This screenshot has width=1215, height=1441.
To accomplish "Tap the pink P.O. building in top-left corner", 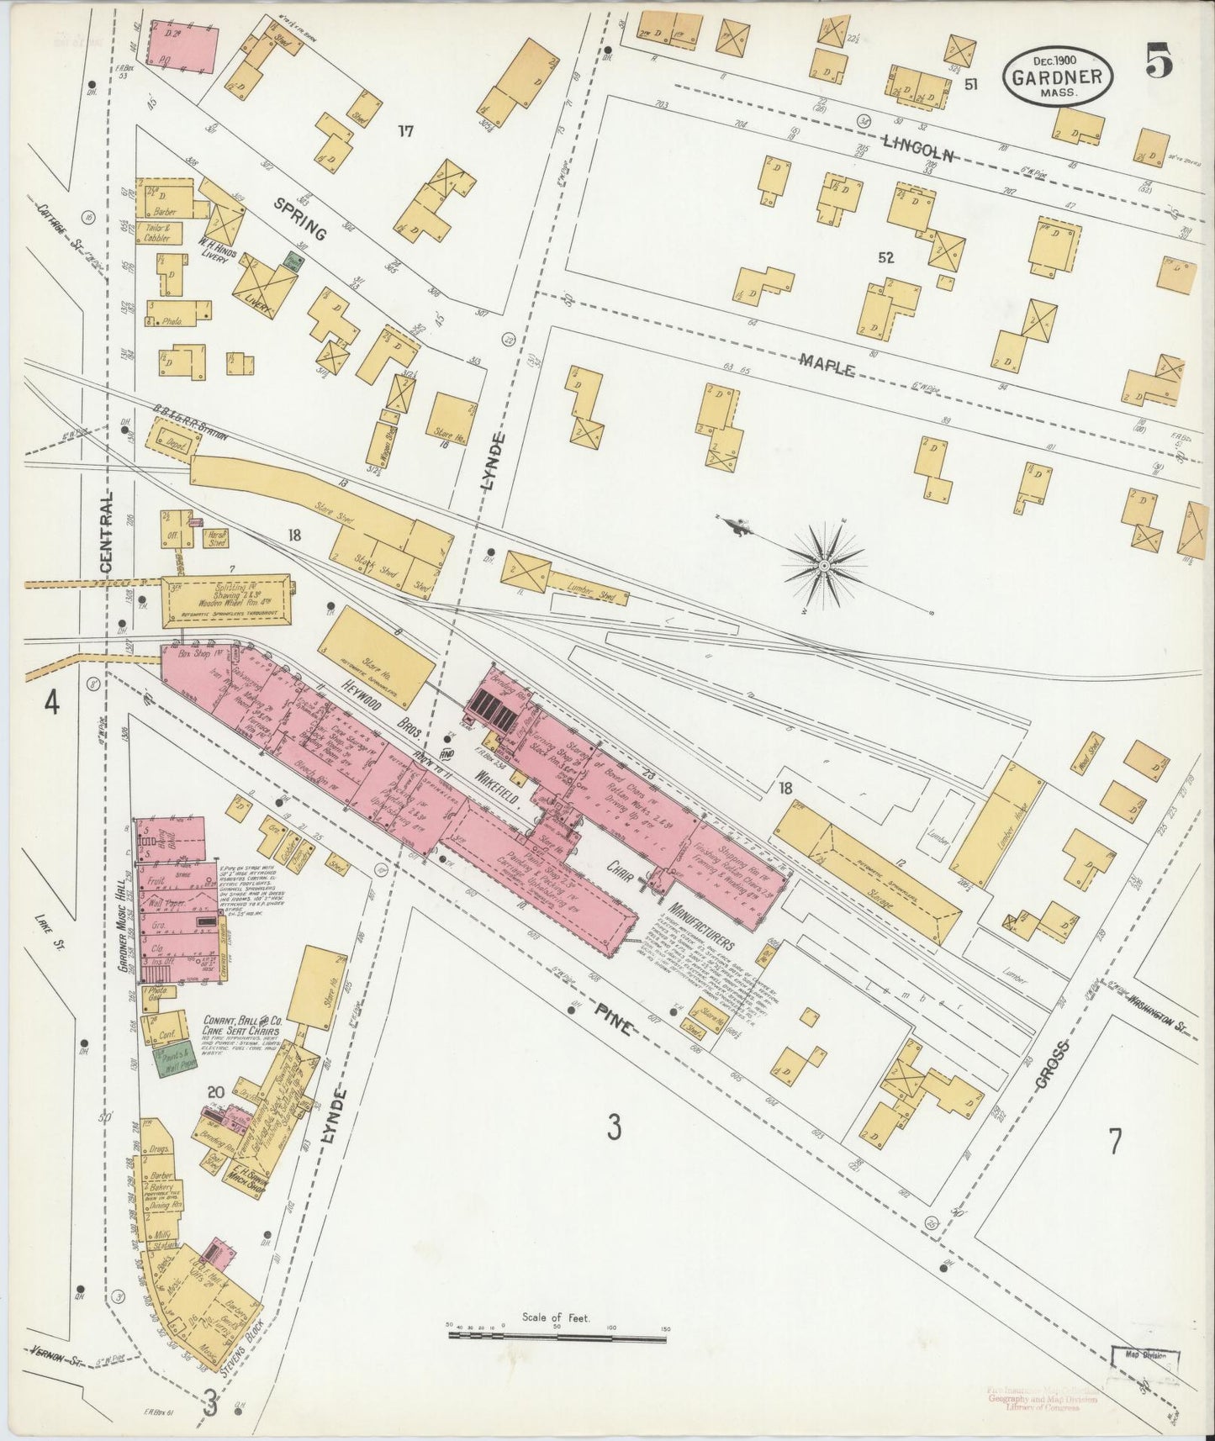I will [x=183, y=44].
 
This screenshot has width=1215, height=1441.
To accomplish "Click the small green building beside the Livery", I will [x=293, y=262].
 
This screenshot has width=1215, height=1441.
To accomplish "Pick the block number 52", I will [x=885, y=259].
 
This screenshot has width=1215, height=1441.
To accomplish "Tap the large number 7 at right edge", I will [x=1114, y=1143].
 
